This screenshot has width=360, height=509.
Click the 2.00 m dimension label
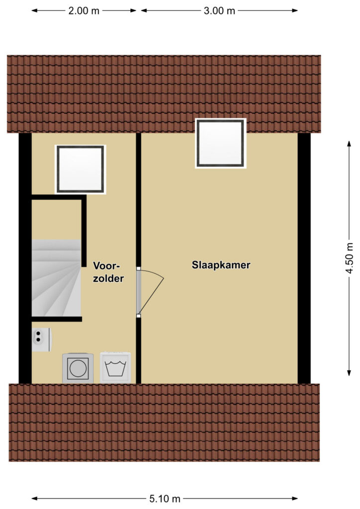point(84,11)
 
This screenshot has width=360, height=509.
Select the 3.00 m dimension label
point(219,11)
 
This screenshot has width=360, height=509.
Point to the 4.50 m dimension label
point(349,258)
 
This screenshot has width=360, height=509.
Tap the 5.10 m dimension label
point(165,498)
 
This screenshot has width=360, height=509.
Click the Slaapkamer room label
point(221,265)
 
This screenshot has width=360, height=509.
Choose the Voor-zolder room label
point(108,272)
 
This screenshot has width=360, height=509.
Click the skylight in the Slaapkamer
point(221,143)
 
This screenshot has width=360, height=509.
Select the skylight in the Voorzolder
point(81,169)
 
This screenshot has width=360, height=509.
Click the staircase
point(56,277)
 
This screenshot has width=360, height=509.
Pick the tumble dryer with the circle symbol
point(78,368)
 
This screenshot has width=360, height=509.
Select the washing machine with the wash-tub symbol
point(115,368)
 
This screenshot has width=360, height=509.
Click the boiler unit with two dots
point(42,339)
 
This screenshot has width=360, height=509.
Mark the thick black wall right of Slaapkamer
point(304,258)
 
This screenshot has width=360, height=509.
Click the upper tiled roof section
point(164,94)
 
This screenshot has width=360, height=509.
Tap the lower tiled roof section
point(164,423)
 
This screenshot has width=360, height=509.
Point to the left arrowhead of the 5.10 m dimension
point(34,498)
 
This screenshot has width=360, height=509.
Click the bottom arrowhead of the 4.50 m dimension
point(349,373)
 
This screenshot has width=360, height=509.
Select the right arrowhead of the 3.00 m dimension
point(295,10)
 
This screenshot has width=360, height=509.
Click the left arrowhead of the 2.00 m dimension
point(34,10)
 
